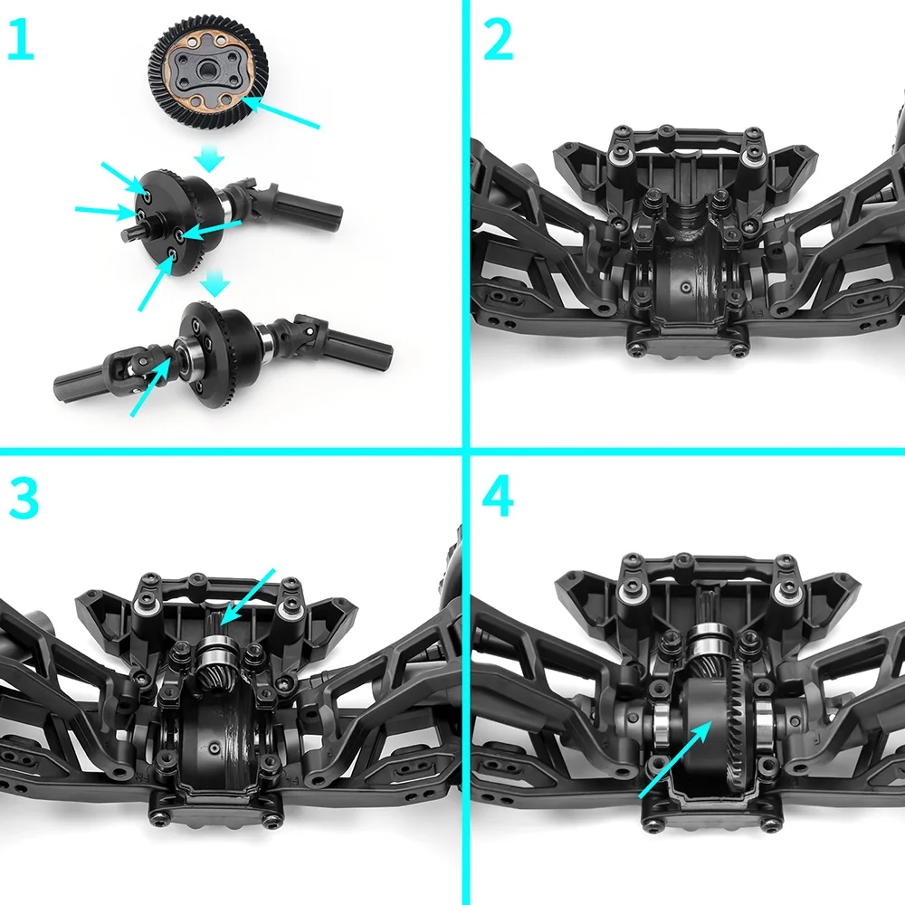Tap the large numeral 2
pyautogui.click(x=498, y=43)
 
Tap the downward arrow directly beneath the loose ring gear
pyautogui.click(x=210, y=161)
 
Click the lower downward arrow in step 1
pyautogui.click(x=214, y=287)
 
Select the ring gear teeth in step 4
pyautogui.click(x=738, y=715)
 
